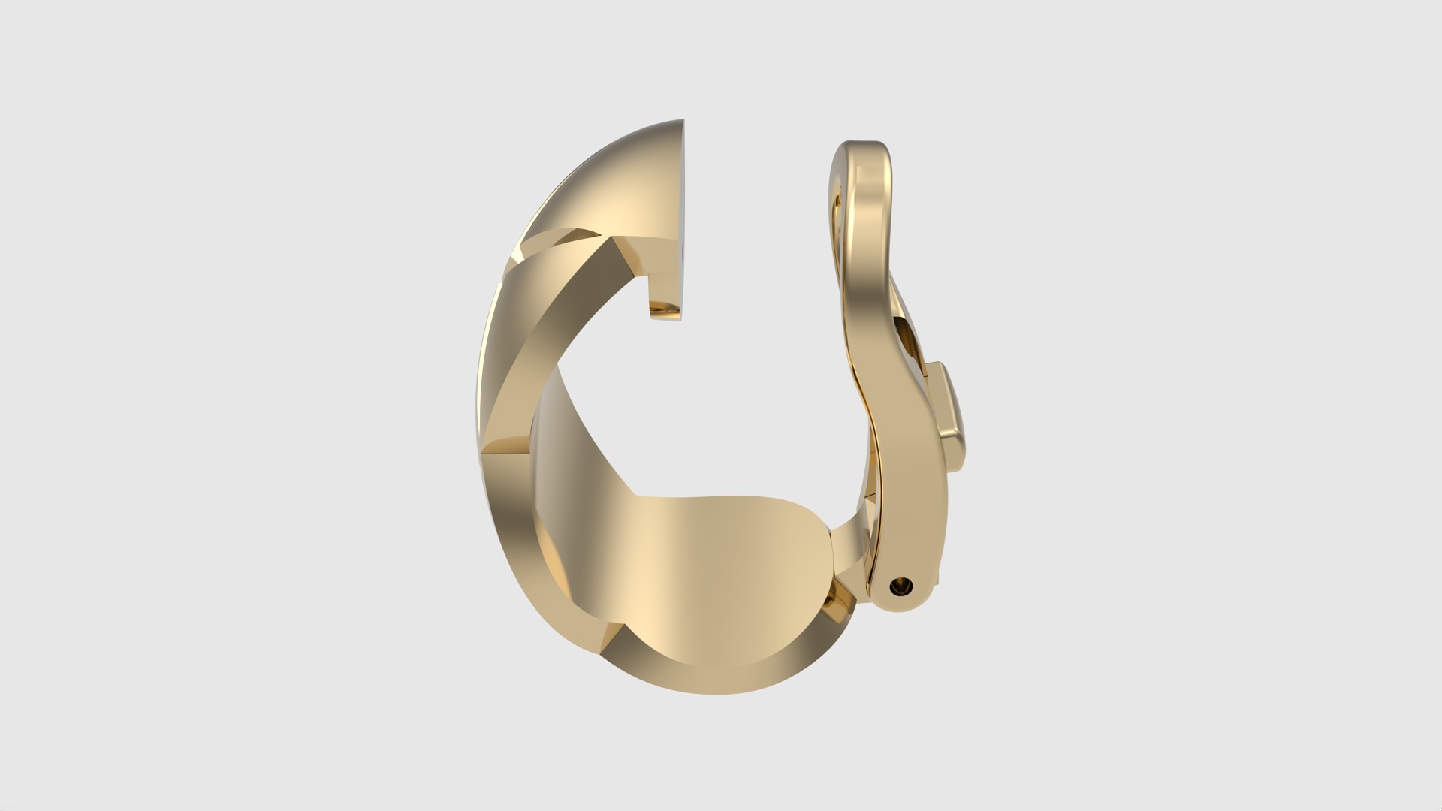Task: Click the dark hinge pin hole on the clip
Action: click(899, 586)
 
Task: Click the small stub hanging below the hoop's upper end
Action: click(665, 309)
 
